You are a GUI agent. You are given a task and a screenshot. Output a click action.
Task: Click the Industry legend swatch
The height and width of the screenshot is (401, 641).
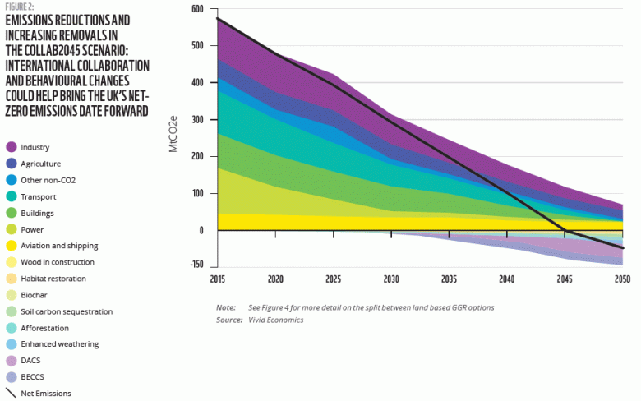[x=12, y=147]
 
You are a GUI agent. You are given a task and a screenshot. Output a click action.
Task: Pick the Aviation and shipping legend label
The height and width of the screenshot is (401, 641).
[x=59, y=246]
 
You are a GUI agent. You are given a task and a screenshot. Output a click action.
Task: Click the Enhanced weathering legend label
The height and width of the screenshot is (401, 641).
[x=61, y=344]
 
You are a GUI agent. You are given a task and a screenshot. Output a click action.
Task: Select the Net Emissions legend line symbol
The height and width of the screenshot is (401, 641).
[x=12, y=394]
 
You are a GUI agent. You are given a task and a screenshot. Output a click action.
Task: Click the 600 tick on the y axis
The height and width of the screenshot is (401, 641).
[x=197, y=9]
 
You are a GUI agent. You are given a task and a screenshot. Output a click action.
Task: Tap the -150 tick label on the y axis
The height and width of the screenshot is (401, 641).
[x=196, y=265]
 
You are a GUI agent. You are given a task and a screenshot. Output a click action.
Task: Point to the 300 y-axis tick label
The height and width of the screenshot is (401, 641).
[x=197, y=120]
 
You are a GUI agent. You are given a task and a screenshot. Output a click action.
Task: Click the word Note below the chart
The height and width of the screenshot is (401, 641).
[x=226, y=307]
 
